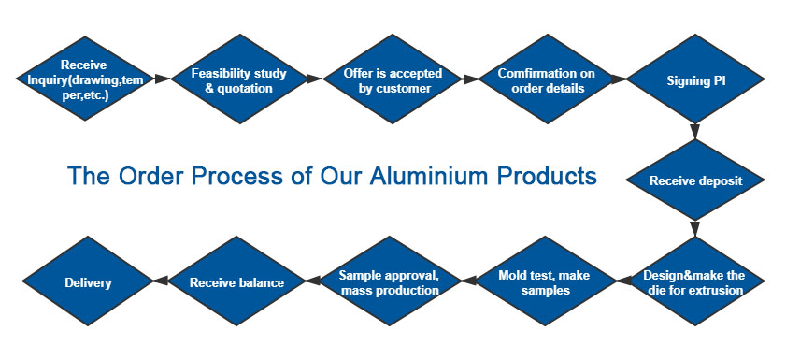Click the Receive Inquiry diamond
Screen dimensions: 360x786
point(83,80)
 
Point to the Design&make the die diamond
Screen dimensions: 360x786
point(694,281)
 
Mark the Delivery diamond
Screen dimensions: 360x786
point(88,281)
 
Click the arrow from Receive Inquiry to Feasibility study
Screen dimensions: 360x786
point(162,80)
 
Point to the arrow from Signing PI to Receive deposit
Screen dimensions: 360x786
point(694,132)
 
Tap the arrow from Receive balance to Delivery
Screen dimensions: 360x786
point(160,281)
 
